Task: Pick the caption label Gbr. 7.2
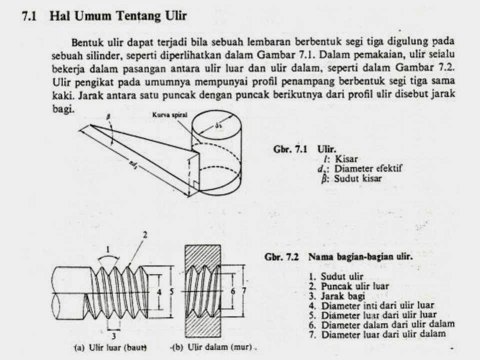(280, 257)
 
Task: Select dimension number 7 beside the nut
(244, 290)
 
